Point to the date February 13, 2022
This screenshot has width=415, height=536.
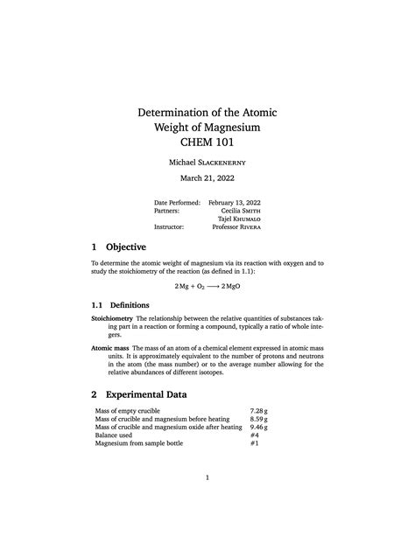(x=235, y=202)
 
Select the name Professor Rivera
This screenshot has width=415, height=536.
(x=236, y=226)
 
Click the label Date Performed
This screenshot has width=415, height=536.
(x=177, y=202)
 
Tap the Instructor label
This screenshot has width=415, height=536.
(x=169, y=226)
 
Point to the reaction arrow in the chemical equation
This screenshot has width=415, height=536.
(x=207, y=286)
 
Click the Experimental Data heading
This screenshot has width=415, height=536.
(x=147, y=394)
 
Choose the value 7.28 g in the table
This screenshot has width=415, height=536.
(x=257, y=410)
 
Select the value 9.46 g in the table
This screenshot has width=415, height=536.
(x=257, y=427)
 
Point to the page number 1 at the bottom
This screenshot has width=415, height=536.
(x=207, y=478)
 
